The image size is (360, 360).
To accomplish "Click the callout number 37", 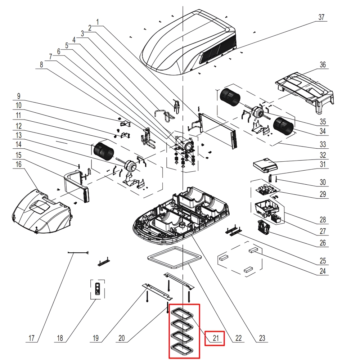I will pos(321,17).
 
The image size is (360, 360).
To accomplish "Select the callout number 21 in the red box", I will pos(216,338).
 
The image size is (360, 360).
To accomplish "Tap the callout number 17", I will pos(31,338).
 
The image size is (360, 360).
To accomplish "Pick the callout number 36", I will pos(323,65).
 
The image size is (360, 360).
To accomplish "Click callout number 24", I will pos(323,271).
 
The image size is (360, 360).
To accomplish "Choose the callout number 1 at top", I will pos(97,22).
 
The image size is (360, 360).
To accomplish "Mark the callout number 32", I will pos(323,155).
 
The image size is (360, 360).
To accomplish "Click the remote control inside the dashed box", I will pos(97,289).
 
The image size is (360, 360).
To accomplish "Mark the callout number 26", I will pos(323,243).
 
